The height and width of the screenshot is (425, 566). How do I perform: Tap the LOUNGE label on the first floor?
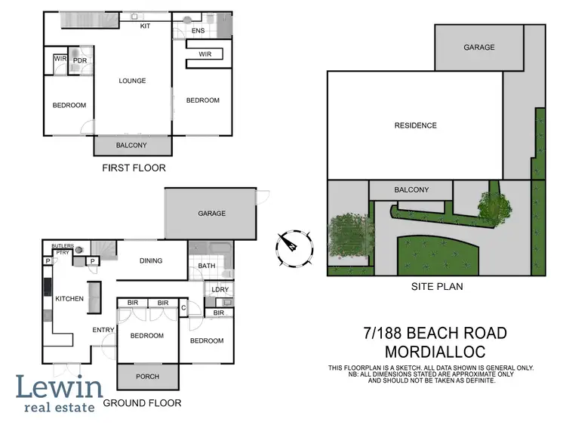point(131,81)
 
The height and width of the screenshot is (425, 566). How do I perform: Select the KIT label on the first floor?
point(146,26)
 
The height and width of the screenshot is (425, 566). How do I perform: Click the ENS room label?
point(198,31)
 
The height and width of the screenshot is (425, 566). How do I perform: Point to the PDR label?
point(80,60)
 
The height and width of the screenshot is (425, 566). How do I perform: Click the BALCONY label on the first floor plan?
point(131,145)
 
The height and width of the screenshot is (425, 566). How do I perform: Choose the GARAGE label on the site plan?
point(478,47)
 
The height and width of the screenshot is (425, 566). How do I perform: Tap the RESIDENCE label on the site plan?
point(415,125)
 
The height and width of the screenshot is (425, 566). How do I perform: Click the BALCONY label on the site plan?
point(411,189)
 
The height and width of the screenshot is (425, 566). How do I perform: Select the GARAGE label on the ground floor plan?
point(211,214)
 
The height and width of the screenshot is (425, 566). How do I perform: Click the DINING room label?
point(151,261)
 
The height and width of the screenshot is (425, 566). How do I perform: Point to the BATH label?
point(206,266)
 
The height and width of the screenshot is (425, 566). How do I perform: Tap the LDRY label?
point(220,289)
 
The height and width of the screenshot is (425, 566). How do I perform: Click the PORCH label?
point(147,376)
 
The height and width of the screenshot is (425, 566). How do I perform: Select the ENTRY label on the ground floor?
point(103,330)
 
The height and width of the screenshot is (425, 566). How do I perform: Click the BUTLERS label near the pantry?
point(63,247)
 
